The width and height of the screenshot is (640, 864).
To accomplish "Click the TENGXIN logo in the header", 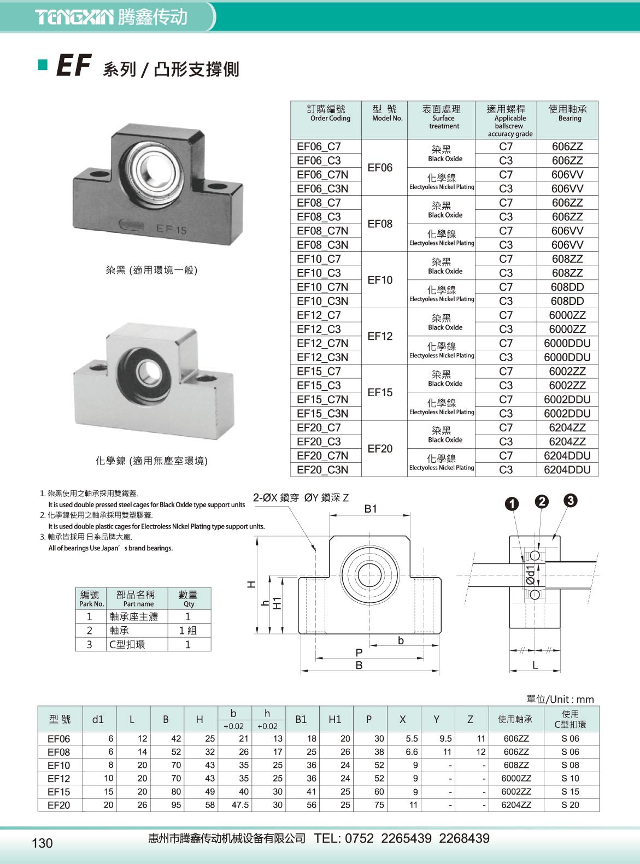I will [75, 17].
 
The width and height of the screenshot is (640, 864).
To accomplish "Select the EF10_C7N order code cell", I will [322, 287].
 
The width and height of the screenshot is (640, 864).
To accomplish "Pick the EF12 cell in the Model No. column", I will [380, 336].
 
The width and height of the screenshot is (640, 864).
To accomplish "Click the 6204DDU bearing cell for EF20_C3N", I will [567, 469].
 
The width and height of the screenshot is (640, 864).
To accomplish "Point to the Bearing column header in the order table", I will [567, 113].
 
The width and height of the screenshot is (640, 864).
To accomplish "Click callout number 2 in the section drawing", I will [542, 502].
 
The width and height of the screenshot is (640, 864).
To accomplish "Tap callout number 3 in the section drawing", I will [570, 500].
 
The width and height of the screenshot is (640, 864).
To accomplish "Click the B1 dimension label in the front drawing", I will [371, 509].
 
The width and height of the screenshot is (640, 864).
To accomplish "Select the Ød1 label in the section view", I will [531, 575].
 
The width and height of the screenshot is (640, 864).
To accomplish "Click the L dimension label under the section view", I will [535, 665].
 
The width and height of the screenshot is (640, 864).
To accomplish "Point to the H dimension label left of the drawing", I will [251, 584].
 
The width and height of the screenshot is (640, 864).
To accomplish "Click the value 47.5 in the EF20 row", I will [240, 805].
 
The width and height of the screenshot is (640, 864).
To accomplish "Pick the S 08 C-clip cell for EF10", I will [570, 765].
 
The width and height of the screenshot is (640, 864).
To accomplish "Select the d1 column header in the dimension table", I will [98, 720].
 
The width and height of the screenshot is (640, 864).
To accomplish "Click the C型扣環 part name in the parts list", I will [127, 644].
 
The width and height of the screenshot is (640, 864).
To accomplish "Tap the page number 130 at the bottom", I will [42, 843].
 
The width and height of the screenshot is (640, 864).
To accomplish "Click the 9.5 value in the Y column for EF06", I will [445, 739].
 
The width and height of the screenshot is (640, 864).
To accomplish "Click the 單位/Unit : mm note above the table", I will [560, 700].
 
